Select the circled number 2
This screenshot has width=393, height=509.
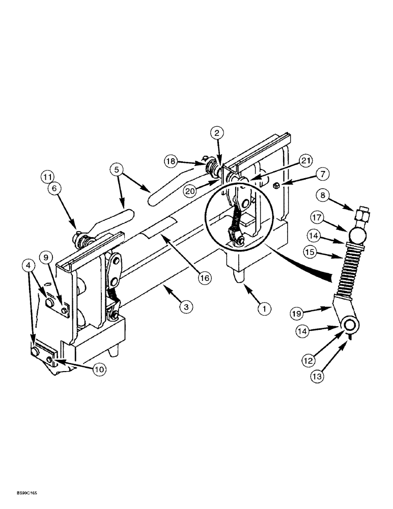[x=217, y=133]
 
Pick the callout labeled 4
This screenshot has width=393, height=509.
[x=29, y=264]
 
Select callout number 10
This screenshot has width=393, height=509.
[x=99, y=370]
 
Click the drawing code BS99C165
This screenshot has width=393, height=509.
[x=19, y=493]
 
